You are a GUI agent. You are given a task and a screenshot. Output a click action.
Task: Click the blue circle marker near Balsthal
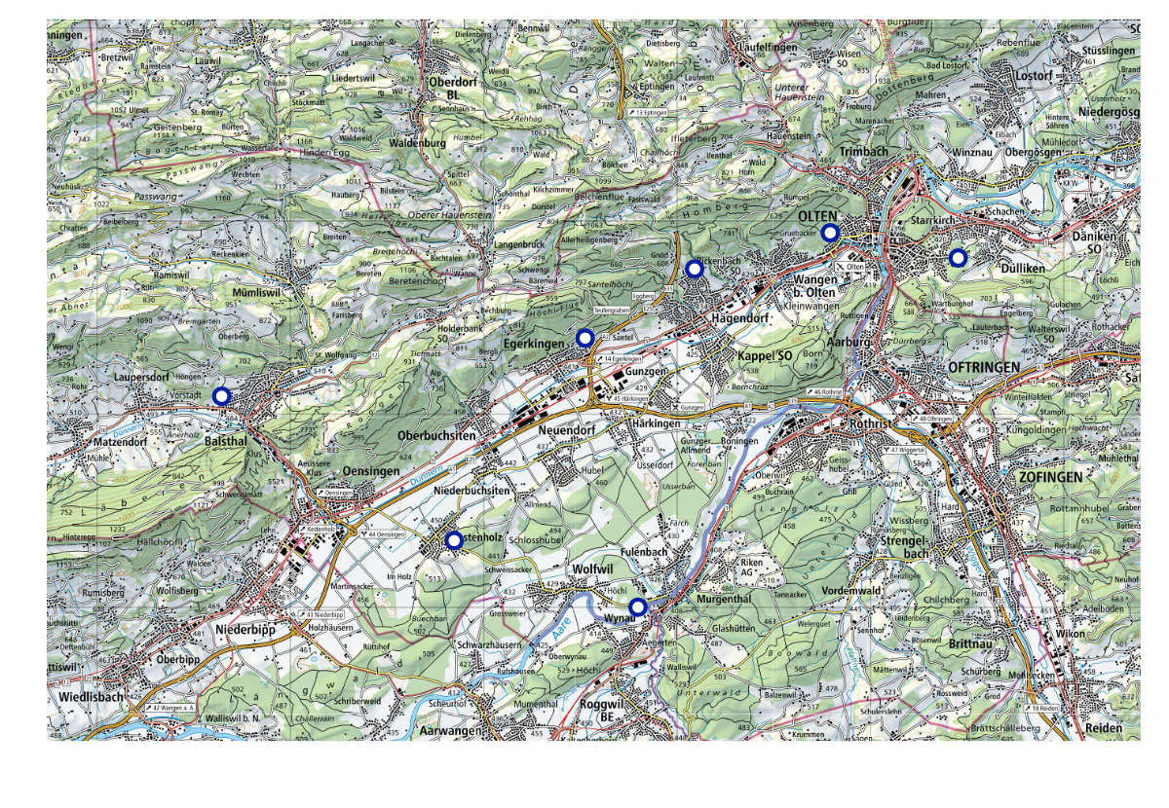pos(221,396)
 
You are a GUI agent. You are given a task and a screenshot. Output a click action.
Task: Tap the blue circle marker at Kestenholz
pos(453,540)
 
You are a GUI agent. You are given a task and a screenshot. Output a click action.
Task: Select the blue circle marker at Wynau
pos(637,607)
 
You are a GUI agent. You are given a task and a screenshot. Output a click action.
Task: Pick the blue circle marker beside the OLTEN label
pos(829,232)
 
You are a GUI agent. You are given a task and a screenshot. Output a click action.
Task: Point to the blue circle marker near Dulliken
pos(957,258)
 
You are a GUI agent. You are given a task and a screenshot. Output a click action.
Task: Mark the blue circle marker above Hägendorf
pos(695,269)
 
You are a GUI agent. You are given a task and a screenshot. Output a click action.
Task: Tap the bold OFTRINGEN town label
pos(983,367)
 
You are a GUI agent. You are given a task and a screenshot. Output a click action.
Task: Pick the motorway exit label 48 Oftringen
pos(935,420)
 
